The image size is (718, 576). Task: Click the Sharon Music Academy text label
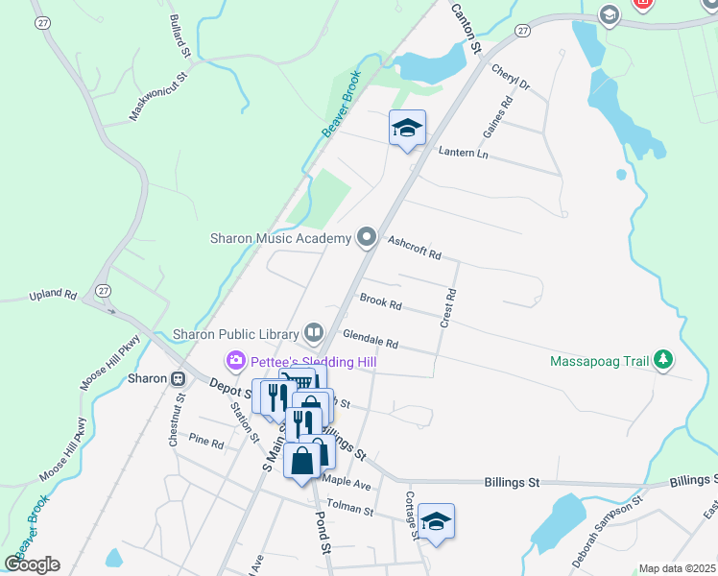[280, 238]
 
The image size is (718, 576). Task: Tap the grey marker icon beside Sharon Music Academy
[366, 236]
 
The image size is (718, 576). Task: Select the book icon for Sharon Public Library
[314, 333]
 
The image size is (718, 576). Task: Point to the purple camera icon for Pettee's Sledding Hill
[235, 361]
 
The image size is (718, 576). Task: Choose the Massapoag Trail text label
[600, 362]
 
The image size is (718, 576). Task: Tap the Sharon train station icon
[178, 378]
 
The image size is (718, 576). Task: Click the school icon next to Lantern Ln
[407, 129]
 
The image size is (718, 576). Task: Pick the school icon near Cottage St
[436, 522]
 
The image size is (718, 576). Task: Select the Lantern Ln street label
[463, 153]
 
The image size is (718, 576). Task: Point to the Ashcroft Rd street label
[414, 249]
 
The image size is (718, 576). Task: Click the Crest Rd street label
[447, 309]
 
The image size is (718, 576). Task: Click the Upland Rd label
[52, 294]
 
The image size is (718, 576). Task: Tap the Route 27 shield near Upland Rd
[103, 290]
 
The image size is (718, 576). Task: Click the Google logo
[32, 564]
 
